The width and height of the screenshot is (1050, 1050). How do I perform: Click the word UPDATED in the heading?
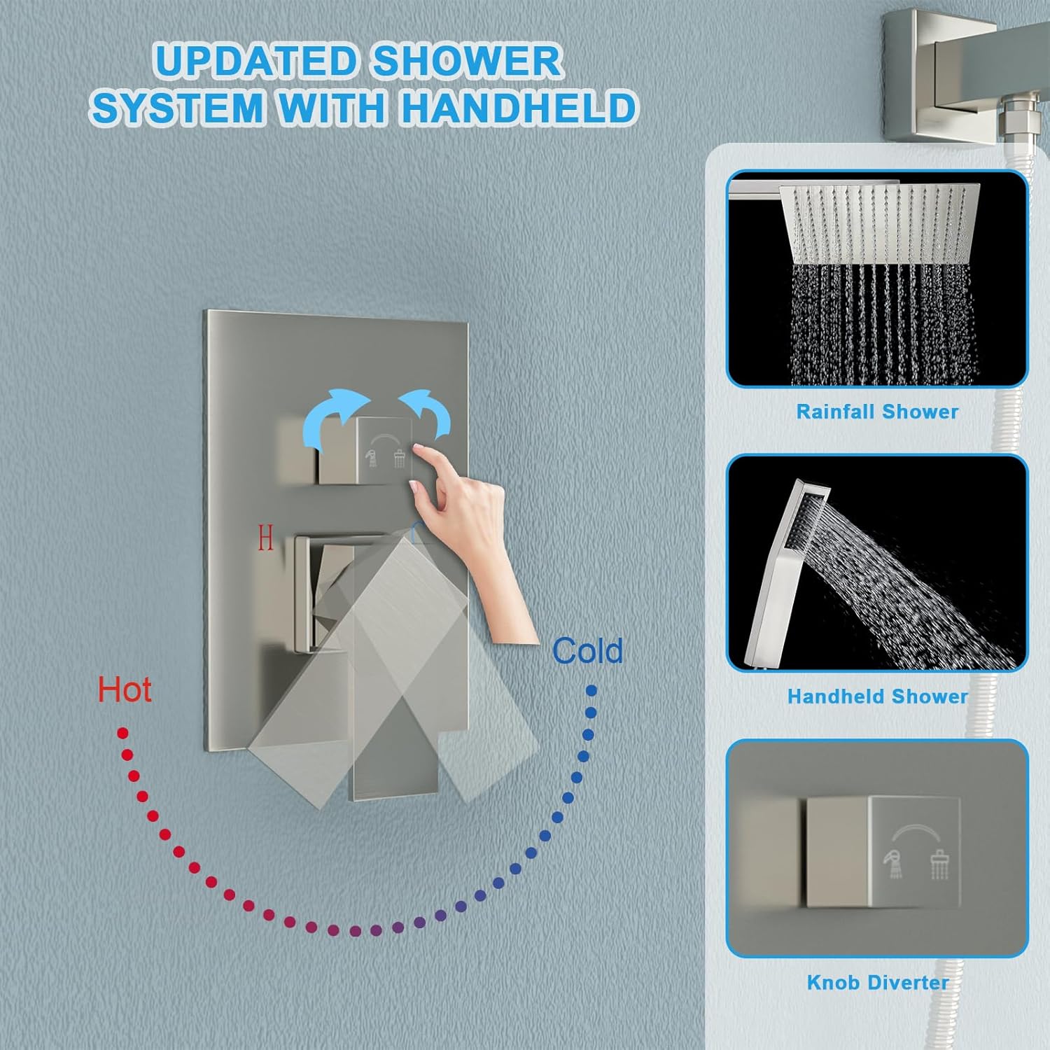(x=255, y=62)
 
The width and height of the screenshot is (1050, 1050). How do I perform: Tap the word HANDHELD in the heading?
(x=519, y=108)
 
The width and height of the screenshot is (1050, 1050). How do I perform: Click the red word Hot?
(x=125, y=689)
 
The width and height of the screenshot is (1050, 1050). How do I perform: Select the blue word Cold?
(x=587, y=651)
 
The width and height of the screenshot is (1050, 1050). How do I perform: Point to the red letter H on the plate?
(x=265, y=538)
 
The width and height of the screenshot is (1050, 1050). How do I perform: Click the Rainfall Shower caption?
(x=877, y=412)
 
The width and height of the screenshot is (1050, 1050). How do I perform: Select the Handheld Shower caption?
(x=877, y=696)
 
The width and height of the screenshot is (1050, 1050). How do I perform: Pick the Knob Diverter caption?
(x=877, y=982)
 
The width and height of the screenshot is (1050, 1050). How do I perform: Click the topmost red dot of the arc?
(x=122, y=733)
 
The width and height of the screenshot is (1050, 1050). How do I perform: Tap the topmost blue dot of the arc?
(x=591, y=691)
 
